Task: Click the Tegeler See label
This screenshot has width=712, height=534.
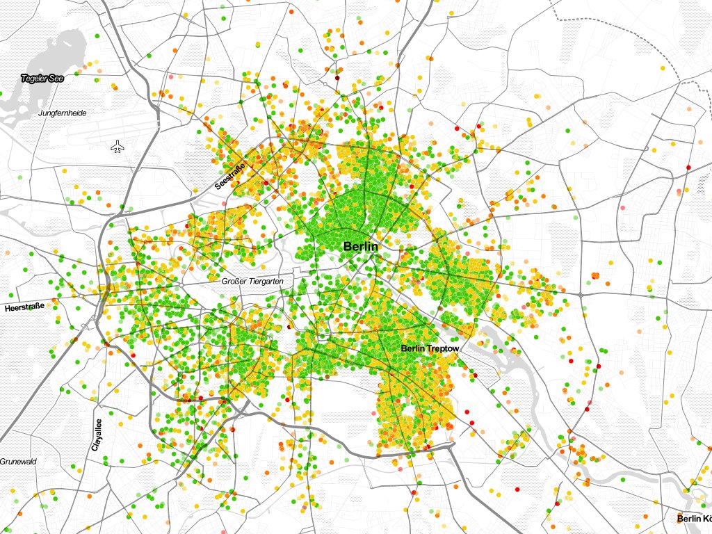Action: tap(42, 79)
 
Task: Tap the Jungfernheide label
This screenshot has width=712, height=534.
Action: tap(63, 113)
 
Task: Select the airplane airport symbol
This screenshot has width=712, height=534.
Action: tap(118, 147)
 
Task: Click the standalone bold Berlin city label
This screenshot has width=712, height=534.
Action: tap(360, 247)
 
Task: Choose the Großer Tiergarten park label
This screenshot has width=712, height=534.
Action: tap(253, 282)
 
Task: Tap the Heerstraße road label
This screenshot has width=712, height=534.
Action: tap(25, 307)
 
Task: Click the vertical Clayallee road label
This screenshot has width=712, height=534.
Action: tap(97, 435)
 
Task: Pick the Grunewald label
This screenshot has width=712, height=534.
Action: tap(17, 462)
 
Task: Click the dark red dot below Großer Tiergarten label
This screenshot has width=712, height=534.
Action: tap(289, 325)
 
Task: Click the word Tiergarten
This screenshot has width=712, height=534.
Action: tap(266, 282)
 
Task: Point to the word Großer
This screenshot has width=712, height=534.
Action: tap(233, 282)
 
